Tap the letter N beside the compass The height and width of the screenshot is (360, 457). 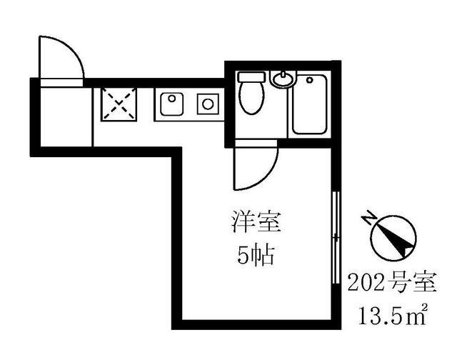click(369, 216)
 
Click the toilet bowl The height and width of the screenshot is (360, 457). click(249, 98)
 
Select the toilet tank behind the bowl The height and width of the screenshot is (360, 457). click(250, 76)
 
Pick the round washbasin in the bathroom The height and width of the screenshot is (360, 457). click(283, 79)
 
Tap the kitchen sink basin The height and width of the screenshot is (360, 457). click(171, 105)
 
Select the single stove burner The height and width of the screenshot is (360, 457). click(208, 104)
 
